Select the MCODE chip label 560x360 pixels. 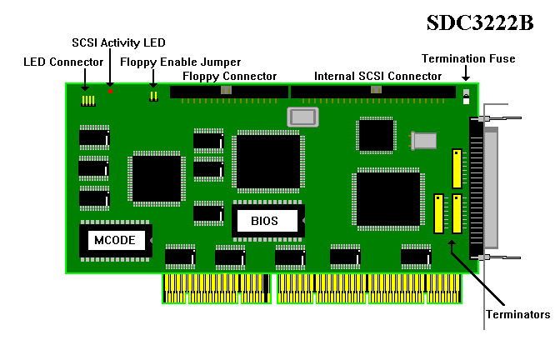point(115,240)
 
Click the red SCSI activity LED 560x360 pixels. point(110,90)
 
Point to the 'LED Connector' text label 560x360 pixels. point(63,62)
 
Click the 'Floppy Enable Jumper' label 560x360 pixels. point(180,62)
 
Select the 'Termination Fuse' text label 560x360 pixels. point(468,58)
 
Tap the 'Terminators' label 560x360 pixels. point(518,314)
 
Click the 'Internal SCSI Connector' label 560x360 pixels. point(377,76)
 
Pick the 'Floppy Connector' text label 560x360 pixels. point(229,76)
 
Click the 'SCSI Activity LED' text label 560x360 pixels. point(118,42)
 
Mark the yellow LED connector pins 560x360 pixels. point(87,101)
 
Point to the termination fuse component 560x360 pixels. point(467,96)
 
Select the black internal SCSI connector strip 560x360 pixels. point(373,91)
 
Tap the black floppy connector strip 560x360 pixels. point(228,91)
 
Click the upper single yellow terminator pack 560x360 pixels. point(456,168)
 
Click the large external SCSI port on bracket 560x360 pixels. point(477,187)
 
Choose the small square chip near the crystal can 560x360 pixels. point(375,135)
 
